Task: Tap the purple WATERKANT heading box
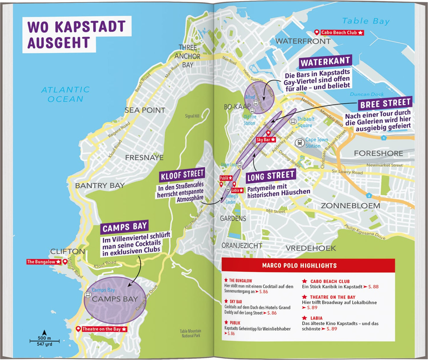pyautogui.click(x=325, y=62)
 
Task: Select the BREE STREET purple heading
pyautogui.click(x=385, y=104)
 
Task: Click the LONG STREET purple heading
pyautogui.click(x=271, y=177)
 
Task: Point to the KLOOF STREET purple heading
pyautogui.click(x=182, y=175)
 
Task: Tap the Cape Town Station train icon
pyautogui.click(x=300, y=143)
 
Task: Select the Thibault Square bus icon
pyautogui.click(x=293, y=121)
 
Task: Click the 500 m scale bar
pyautogui.click(x=44, y=341)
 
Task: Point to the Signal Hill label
pyautogui.click(x=192, y=116)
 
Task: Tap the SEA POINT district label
pyautogui.click(x=145, y=110)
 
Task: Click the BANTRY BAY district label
pyautogui.click(x=100, y=186)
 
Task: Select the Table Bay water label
pyautogui.click(x=366, y=21)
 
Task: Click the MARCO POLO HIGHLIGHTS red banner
pyautogui.click(x=308, y=266)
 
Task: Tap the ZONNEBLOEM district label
pyautogui.click(x=350, y=205)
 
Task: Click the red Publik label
pyautogui.click(x=226, y=178)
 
